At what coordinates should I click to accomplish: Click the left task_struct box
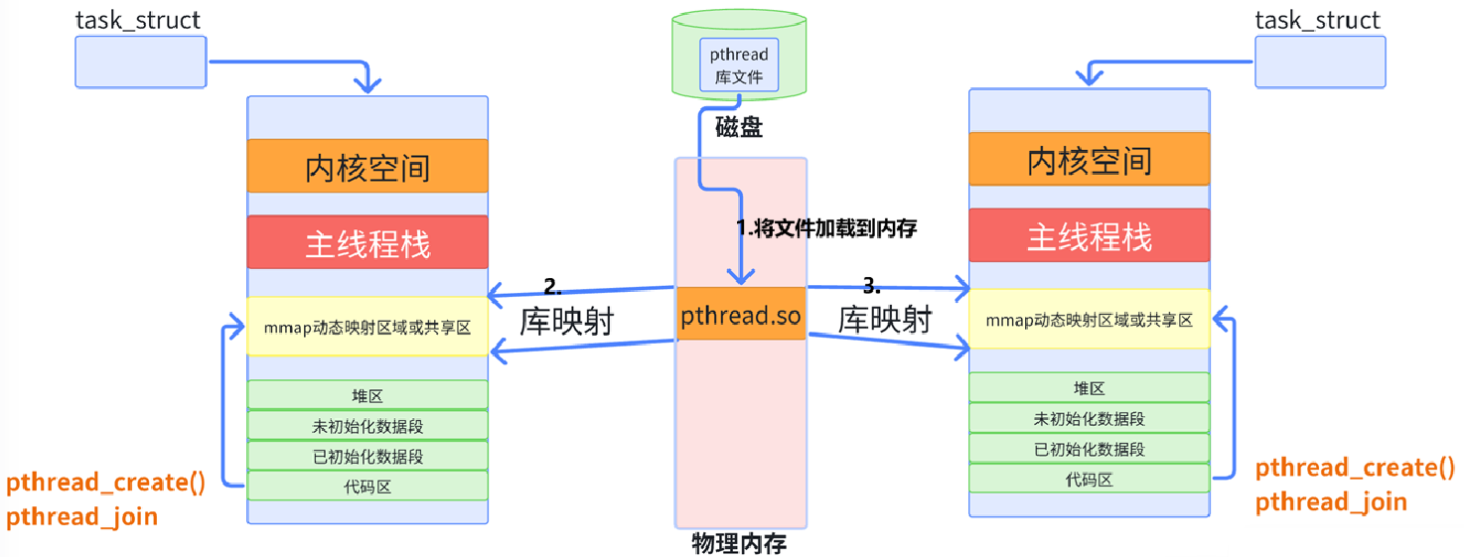tap(140, 62)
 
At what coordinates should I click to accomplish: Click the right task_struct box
tap(1317, 62)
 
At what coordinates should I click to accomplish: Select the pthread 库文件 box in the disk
tap(739, 65)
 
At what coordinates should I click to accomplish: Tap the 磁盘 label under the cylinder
tap(738, 128)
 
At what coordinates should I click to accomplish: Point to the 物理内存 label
tap(739, 544)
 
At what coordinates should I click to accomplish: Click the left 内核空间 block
tap(367, 166)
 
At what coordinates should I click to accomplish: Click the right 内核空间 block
tap(1089, 159)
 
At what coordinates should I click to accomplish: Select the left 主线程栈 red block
tap(367, 242)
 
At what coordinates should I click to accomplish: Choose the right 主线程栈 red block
tap(1089, 235)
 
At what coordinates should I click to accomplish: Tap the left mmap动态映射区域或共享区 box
tap(367, 327)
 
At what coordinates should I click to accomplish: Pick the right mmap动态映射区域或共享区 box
tap(1089, 319)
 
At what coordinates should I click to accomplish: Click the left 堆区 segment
tap(367, 395)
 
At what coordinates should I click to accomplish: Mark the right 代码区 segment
tap(1089, 479)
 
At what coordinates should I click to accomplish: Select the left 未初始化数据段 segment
tap(367, 426)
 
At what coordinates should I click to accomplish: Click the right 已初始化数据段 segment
tap(1089, 448)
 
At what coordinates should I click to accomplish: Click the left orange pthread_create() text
tap(105, 484)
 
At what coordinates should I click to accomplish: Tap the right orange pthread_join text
tap(1331, 501)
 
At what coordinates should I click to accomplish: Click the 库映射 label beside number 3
tap(885, 320)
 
